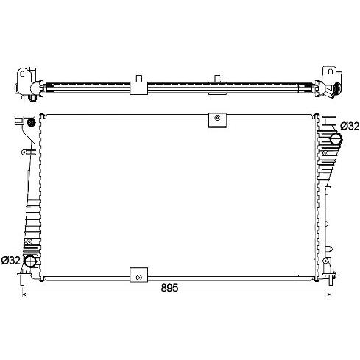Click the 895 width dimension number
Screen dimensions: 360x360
coord(169,288)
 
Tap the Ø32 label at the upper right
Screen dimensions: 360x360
coord(350,127)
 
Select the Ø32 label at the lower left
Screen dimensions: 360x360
coord(10,260)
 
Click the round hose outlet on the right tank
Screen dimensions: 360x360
coord(336,139)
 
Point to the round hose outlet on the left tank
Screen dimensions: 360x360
coord(31,261)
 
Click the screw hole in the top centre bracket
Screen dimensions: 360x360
coord(217,118)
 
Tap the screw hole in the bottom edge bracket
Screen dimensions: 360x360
coord(139,278)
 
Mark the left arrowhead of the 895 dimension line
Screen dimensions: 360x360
coord(24,294)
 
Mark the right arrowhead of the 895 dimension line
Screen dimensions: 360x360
coord(329,294)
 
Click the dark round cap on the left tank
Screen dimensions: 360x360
coord(31,122)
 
